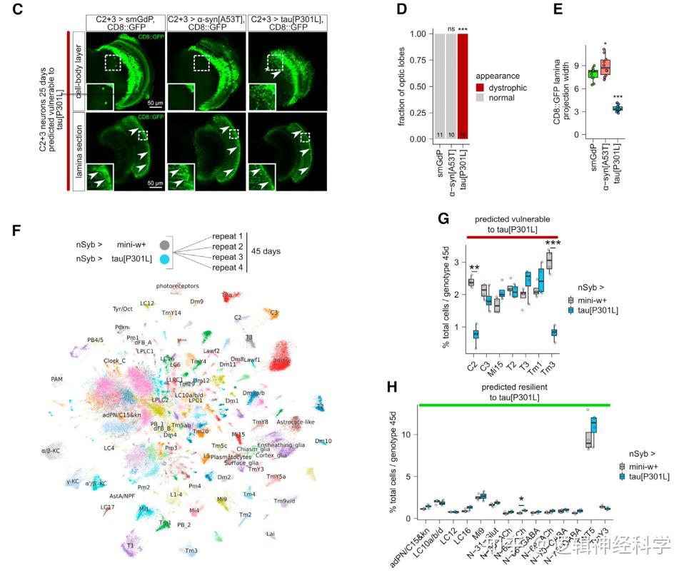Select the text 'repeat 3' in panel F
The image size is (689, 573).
coord(229,256)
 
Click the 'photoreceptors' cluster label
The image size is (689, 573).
coord(177,286)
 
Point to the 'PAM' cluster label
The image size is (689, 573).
coord(57,379)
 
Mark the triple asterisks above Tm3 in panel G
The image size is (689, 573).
coord(549,243)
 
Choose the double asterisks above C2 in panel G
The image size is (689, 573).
coord(475,268)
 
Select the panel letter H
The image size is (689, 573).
coord(391,386)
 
